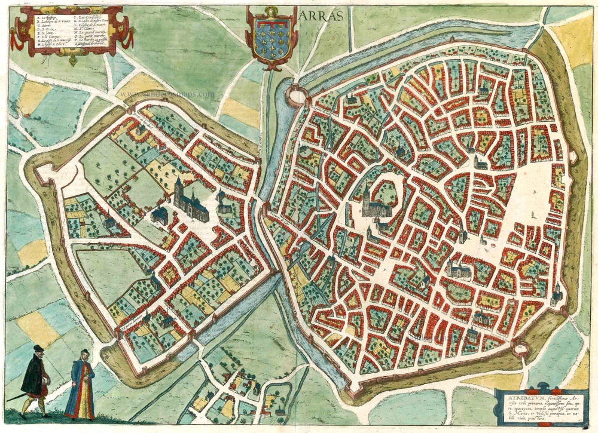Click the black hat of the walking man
coord(38,348)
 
